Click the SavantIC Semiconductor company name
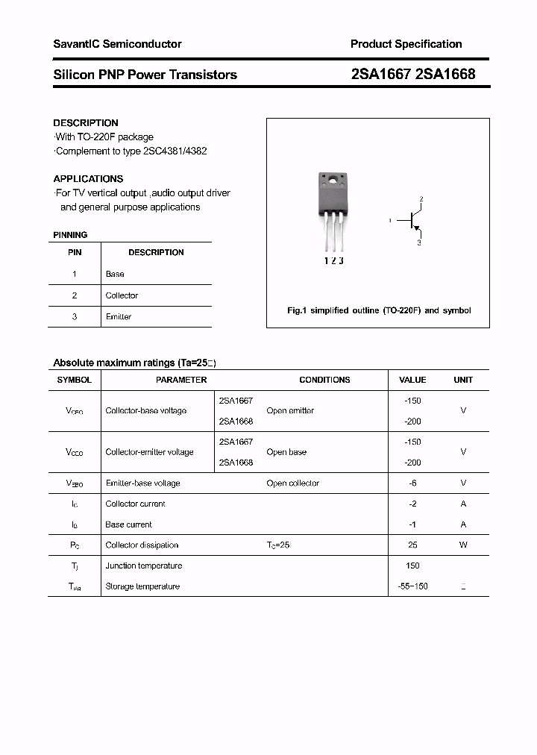coord(117,44)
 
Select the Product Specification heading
coord(406,44)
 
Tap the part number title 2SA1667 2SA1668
coord(412,75)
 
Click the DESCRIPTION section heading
coord(86,122)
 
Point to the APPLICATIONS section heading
coord(88,179)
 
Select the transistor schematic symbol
coord(411,221)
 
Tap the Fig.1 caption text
coord(379,310)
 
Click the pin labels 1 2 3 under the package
coord(333,260)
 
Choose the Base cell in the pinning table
coord(115,274)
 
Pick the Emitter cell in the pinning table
coord(119,317)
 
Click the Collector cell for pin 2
coord(122,295)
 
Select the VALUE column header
coord(412,380)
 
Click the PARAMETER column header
coord(181,380)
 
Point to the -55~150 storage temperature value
coord(412,586)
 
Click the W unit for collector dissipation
coord(463,545)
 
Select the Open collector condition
coord(292,483)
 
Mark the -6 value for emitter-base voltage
coord(412,483)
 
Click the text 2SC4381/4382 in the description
coord(178,151)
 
